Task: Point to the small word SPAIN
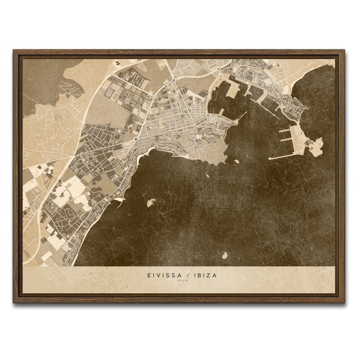[180, 281]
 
